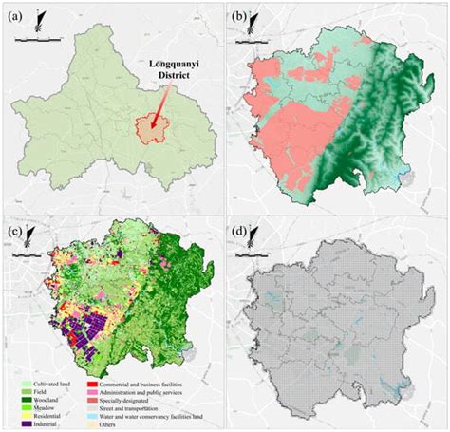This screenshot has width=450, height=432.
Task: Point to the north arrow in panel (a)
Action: click(37, 19)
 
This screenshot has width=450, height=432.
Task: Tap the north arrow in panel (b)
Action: click(252, 21)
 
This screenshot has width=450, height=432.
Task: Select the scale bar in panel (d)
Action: click(252, 258)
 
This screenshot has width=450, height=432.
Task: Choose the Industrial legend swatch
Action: click(26, 424)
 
